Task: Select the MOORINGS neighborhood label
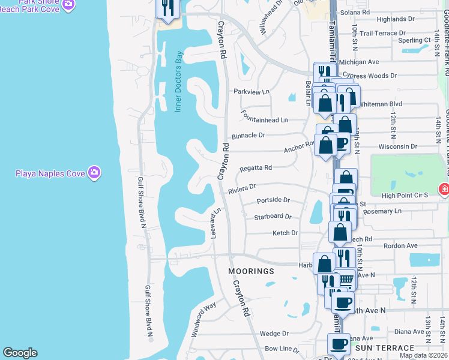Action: [251, 271]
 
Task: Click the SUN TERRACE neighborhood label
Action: [385, 347]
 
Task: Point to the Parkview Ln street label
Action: [251, 92]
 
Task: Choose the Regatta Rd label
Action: [256, 168]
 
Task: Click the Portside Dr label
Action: [273, 200]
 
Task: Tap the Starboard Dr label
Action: [273, 217]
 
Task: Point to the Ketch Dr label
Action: [285, 233]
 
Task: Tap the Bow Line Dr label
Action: [282, 349]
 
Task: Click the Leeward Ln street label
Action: [215, 223]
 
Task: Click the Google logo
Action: [20, 353]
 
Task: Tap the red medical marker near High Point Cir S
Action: [444, 190]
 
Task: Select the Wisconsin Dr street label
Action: [397, 146]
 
